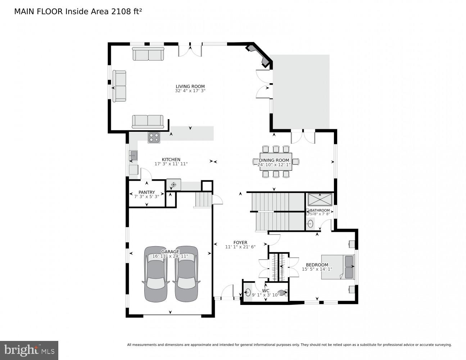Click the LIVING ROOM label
[x=190, y=86]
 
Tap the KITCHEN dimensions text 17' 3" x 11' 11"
[x=171, y=164]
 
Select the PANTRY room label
[x=146, y=192]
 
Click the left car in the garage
[x=156, y=274]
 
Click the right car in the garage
[x=186, y=274]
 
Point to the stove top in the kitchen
[x=154, y=138]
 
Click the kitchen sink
[x=134, y=156]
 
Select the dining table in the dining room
[x=275, y=161]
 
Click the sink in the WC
[x=248, y=292]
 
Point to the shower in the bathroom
[x=320, y=199]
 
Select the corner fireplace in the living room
[x=258, y=55]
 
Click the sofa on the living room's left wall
[x=119, y=86]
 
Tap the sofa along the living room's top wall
[x=148, y=54]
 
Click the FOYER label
[x=240, y=243]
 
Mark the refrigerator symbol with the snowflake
[x=173, y=185]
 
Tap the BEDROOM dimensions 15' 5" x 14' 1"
[x=317, y=269]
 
